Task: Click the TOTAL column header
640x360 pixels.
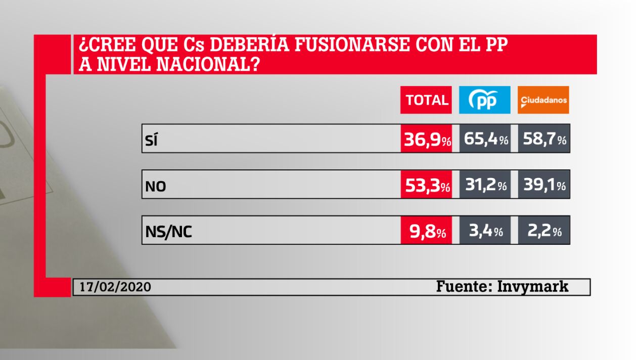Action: click(427, 100)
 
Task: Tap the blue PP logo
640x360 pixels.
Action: click(484, 100)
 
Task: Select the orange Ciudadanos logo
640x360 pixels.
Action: click(543, 100)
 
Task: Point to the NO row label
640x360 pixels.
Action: click(155, 187)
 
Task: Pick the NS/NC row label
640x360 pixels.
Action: click(168, 233)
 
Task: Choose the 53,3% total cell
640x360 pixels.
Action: click(427, 186)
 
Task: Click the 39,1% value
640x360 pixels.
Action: click(544, 186)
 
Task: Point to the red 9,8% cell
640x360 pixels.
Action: click(427, 232)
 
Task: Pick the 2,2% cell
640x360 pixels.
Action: click(544, 232)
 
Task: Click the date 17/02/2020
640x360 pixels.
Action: click(115, 287)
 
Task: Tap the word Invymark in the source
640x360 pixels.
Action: click(533, 287)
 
